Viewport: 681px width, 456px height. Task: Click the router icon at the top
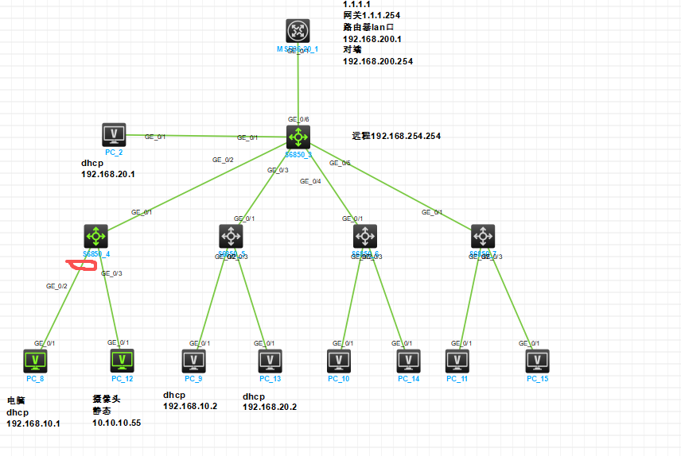[298, 31]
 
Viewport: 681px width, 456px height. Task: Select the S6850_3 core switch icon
[298, 136]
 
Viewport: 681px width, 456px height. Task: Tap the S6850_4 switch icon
[96, 236]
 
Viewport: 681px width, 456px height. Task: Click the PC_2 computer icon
[114, 134]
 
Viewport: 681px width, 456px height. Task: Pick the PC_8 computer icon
[35, 361]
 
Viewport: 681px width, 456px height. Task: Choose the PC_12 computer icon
[122, 361]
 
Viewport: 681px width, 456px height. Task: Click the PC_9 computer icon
[194, 361]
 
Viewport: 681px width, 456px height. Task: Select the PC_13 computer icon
[270, 361]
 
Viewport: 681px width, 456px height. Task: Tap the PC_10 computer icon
[339, 361]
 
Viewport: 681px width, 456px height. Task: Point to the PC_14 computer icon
[409, 361]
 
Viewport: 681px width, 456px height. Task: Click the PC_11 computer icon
[457, 361]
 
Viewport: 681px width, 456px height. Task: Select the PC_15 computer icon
[538, 361]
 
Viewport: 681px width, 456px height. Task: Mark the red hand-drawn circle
[83, 266]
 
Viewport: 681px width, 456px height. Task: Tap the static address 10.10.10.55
[118, 423]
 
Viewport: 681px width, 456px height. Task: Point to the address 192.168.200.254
[378, 61]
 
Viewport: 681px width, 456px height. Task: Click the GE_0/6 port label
[298, 119]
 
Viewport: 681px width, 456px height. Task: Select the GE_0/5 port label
[340, 163]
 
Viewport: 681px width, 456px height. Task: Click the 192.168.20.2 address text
[270, 406]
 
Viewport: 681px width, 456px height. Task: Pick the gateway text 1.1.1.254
[387, 15]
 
